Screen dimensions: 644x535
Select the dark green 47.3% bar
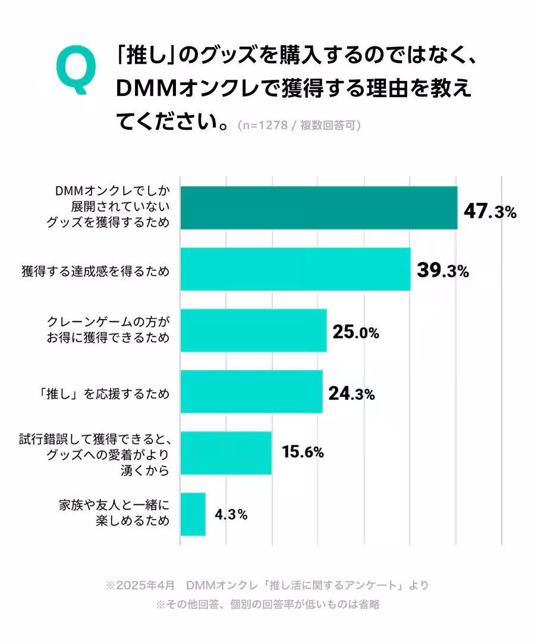(319, 208)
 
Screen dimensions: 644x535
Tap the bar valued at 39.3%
(295, 269)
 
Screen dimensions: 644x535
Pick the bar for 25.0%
(253, 330)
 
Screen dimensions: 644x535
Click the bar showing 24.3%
(251, 392)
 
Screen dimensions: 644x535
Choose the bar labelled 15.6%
(226, 453)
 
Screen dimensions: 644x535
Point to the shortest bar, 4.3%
(193, 514)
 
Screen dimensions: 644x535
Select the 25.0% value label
(355, 332)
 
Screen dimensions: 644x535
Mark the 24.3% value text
(351, 393)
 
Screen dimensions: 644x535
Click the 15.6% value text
(303, 452)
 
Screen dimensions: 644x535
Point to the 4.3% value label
(231, 514)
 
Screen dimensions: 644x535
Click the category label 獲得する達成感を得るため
(95, 271)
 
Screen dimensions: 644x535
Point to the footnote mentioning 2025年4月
(267, 585)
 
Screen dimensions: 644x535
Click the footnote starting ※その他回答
(267, 605)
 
